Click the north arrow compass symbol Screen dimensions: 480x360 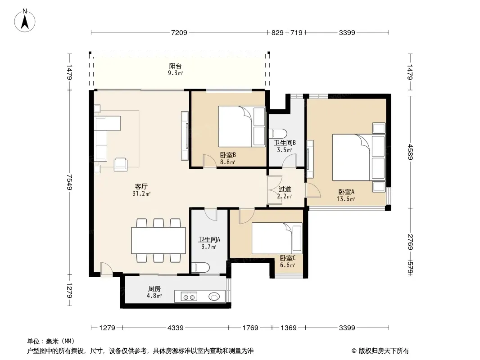pos(25,21)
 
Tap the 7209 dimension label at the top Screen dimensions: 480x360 pos(179,32)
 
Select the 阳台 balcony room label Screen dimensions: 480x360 pos(176,66)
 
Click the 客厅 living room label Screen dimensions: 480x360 pos(141,186)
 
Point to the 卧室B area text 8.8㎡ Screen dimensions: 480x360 pos(227,162)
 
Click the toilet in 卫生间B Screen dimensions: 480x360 pos(278,134)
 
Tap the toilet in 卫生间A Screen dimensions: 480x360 pos(200,267)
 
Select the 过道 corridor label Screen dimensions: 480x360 pos(285,189)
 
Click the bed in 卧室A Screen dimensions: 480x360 pos(359,157)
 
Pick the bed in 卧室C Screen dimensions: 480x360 pos(277,238)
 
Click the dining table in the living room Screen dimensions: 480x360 pos(158,240)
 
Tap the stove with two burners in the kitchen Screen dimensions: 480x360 pos(189,297)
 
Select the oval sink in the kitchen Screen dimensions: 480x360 pos(214,297)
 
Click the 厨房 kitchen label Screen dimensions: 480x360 pos(154,288)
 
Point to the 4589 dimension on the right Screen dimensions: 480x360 pos(410,152)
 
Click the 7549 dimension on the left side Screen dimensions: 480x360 pos(70,182)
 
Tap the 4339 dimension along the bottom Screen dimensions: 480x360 pos(176,328)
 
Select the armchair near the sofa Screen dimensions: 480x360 pos(121,164)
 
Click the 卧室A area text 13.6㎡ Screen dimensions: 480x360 pos(346,199)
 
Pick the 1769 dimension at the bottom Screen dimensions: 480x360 pos(250,328)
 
